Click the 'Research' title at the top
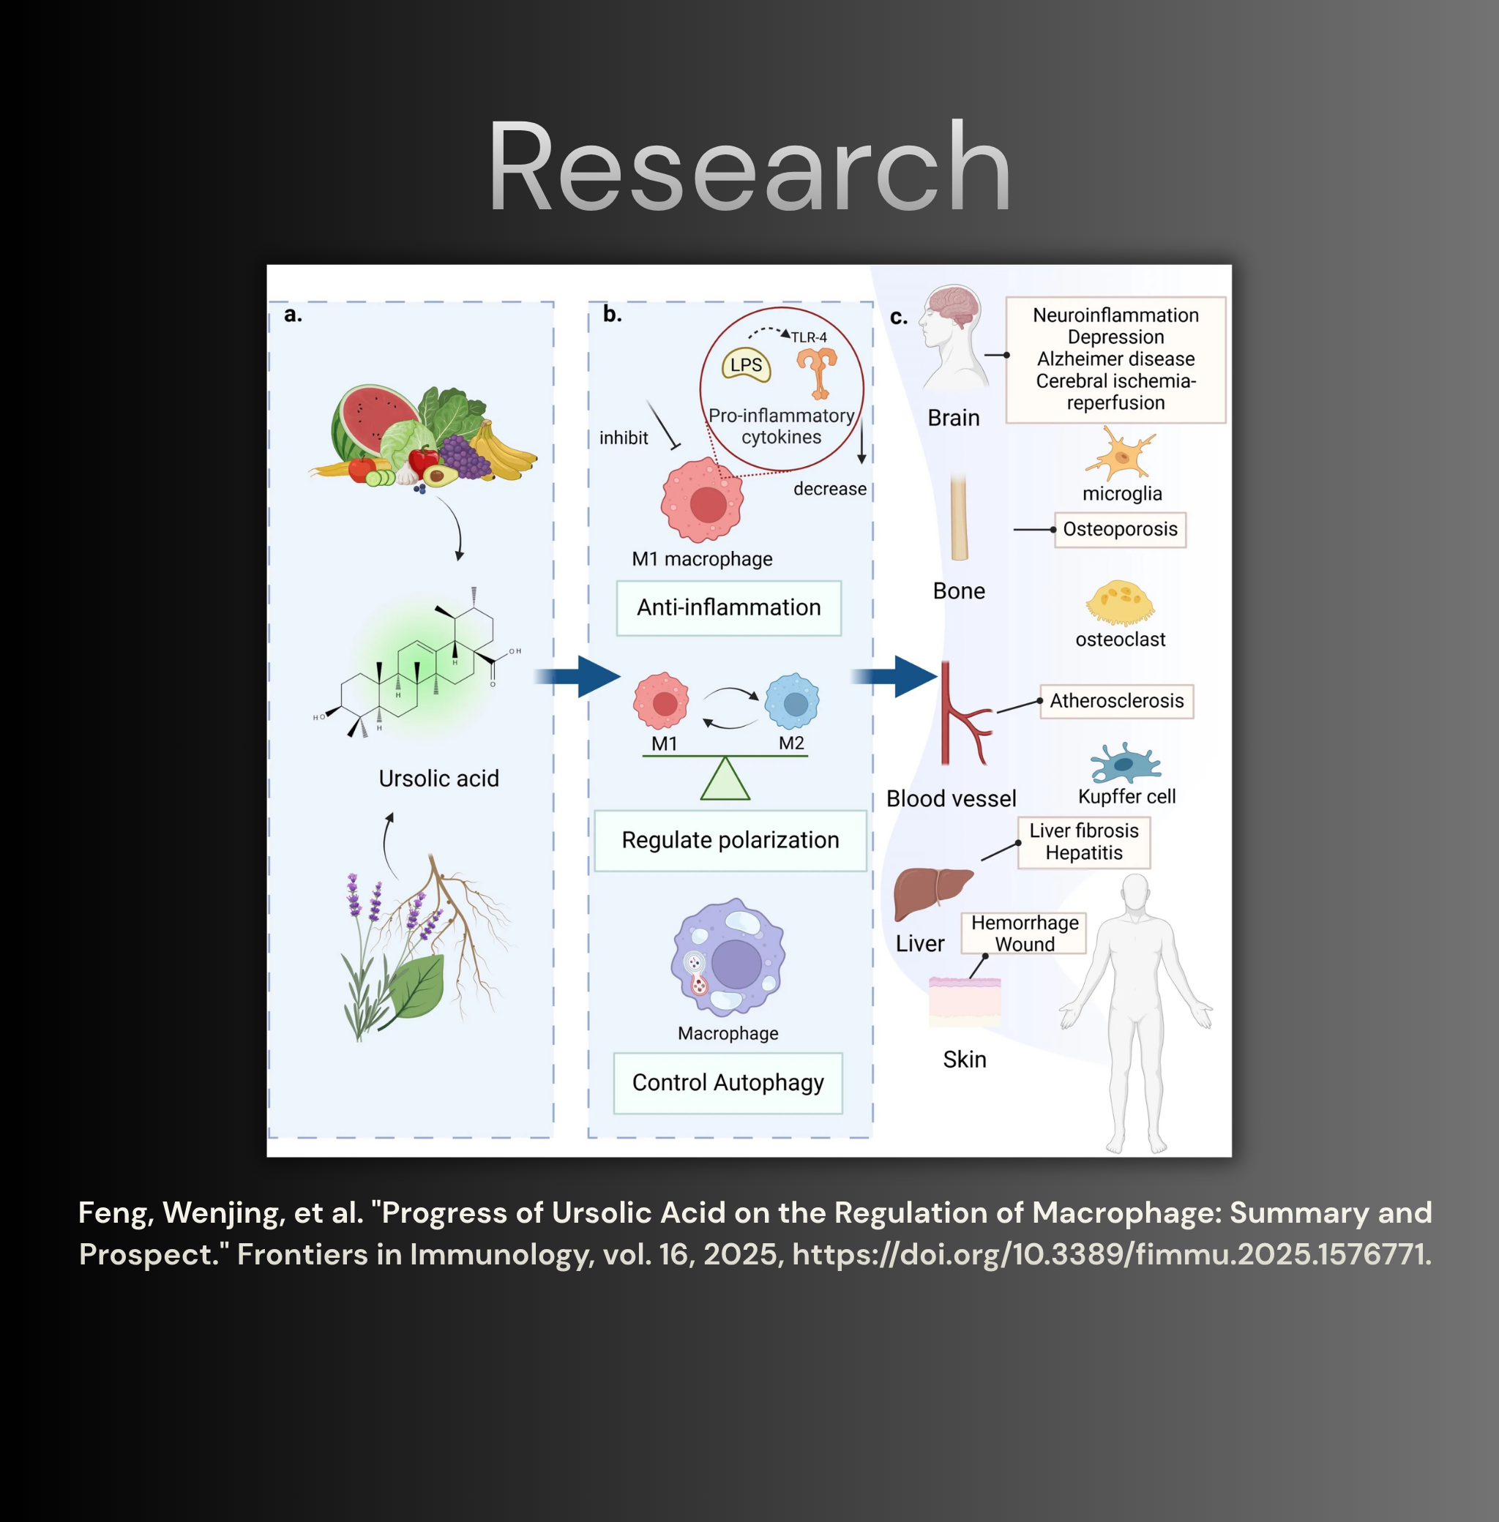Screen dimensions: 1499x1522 click(749, 167)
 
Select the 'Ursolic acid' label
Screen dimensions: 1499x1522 click(438, 779)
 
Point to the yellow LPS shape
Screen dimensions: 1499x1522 click(747, 365)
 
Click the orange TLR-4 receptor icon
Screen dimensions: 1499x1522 click(818, 371)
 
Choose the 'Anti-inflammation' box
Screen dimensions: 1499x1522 click(728, 607)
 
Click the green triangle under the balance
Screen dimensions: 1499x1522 click(725, 780)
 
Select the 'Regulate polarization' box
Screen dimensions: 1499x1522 click(730, 840)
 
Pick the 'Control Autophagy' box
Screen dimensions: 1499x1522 click(728, 1083)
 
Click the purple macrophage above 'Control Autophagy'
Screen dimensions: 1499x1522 click(728, 958)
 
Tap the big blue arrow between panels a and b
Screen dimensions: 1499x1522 click(579, 677)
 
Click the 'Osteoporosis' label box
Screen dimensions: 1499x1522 click(1120, 530)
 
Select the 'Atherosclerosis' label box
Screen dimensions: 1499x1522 click(1116, 701)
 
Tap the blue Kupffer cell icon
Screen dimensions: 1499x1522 click(1125, 763)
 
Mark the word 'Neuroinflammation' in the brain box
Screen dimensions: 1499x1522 click(1115, 315)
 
